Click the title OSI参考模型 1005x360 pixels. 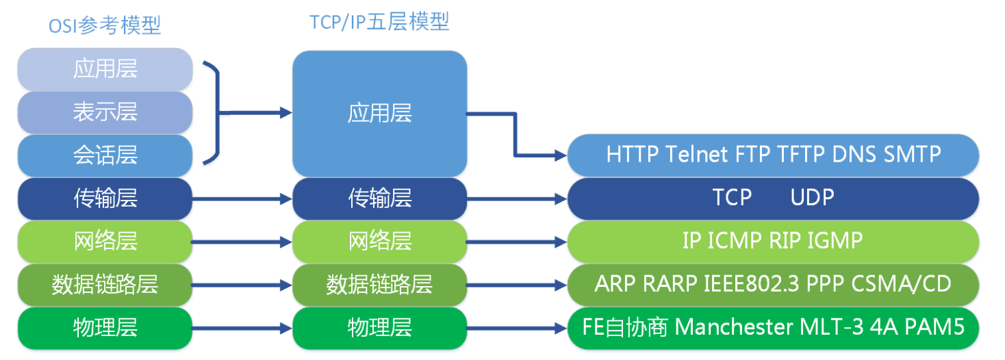click(x=105, y=25)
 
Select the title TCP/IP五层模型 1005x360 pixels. click(x=379, y=21)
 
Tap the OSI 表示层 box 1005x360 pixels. click(x=105, y=112)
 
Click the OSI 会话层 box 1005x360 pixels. click(x=105, y=155)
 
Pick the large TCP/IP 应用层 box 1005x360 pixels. click(x=379, y=113)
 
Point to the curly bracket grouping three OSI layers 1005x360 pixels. click(x=218, y=114)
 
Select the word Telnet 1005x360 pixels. click(x=698, y=155)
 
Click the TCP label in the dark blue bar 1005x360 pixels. click(x=732, y=198)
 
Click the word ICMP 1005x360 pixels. click(x=735, y=240)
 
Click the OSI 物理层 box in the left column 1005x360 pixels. click(x=105, y=328)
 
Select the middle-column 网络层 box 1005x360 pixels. click(x=379, y=241)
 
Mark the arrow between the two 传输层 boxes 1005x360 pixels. click(x=242, y=199)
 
